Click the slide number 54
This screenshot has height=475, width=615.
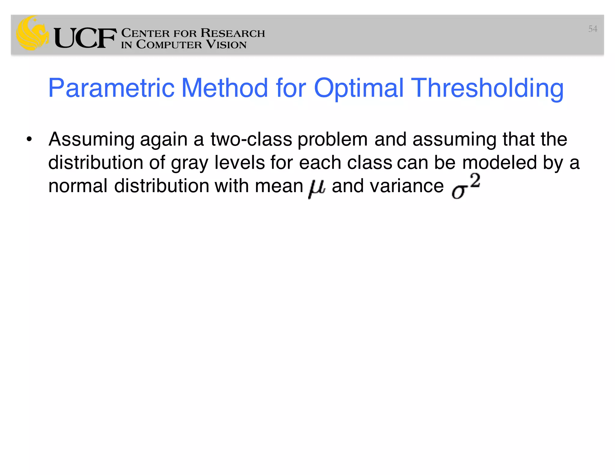pyautogui.click(x=592, y=29)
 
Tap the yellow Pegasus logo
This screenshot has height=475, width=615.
pyautogui.click(x=32, y=33)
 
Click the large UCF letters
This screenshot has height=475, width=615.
pyautogui.click(x=85, y=38)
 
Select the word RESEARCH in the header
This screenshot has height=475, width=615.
pyautogui.click(x=233, y=33)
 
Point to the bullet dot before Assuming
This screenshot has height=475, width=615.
pyautogui.click(x=29, y=139)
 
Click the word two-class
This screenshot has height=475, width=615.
pyautogui.click(x=251, y=139)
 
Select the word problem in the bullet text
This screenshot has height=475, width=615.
pyautogui.click(x=332, y=139)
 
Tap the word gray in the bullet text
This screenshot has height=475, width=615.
pyautogui.click(x=189, y=163)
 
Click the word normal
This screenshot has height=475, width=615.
pyautogui.click(x=78, y=186)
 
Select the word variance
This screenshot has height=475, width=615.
pyautogui.click(x=407, y=186)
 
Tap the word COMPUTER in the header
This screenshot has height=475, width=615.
pyautogui.click(x=169, y=44)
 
